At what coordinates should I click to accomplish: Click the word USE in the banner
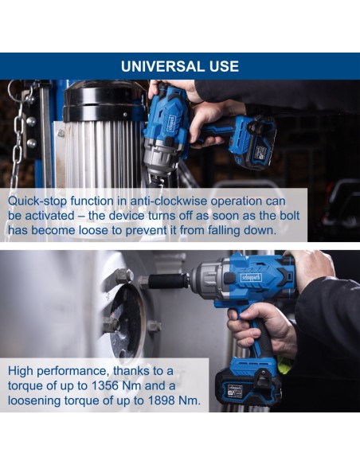[224, 66]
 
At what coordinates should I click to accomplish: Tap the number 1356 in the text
[105, 386]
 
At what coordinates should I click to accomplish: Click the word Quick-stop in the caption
[37, 201]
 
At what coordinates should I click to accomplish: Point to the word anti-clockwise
[169, 201]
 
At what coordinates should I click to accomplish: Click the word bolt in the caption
[290, 216]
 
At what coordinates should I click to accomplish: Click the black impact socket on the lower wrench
[168, 281]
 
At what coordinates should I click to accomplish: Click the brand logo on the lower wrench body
[251, 278]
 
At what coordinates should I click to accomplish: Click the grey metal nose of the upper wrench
[161, 159]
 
